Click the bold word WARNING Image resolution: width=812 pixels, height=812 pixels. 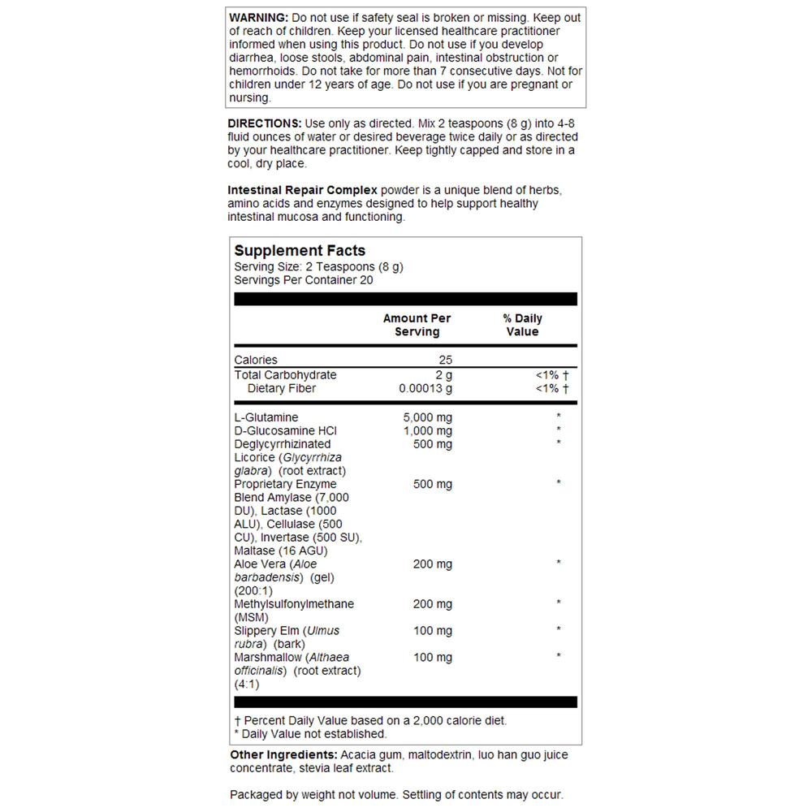pos(258,18)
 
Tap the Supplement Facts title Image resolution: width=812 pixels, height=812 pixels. pos(300,251)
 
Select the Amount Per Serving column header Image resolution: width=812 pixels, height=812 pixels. pos(417,325)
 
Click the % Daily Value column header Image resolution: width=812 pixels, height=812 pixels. pos(522,325)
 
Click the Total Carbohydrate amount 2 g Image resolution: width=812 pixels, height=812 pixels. pos(443,375)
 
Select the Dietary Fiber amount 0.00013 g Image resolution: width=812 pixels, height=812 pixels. pos(425,389)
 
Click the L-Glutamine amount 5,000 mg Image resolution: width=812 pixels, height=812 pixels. pos(428,417)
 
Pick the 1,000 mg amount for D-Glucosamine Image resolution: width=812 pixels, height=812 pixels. pos(428,431)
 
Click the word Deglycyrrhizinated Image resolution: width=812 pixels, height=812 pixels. pos(283,444)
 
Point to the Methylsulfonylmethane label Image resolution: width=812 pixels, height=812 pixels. pos(294,604)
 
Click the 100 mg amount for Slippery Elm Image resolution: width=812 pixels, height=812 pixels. pos(433,631)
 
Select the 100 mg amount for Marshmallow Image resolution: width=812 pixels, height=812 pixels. pos(433,657)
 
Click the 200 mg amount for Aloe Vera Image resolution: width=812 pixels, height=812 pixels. pos(433,564)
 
